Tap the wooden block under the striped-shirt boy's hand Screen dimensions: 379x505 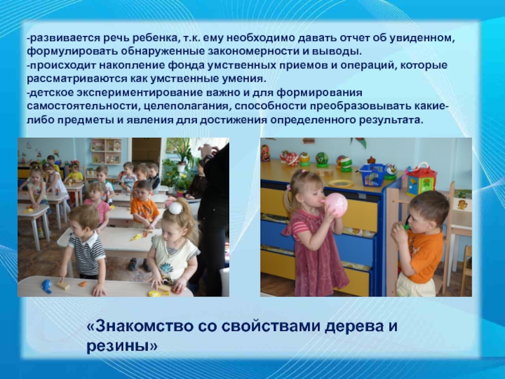pos(64,285)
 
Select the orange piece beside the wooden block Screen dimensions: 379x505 pos(82,284)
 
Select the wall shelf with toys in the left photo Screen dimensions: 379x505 pos(105,152)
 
